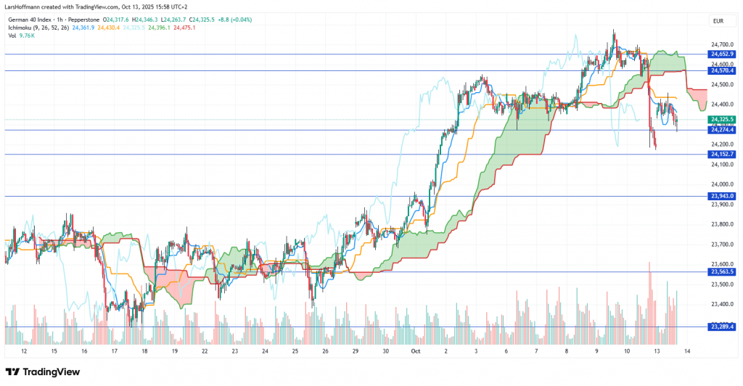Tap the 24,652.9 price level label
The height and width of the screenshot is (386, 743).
(723, 54)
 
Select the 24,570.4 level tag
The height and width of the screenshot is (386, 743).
(723, 70)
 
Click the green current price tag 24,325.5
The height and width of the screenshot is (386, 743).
(723, 119)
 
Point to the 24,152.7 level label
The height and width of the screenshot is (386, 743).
(723, 155)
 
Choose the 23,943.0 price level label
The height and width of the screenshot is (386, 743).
(723, 196)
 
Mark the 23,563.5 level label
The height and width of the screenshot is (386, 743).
(723, 271)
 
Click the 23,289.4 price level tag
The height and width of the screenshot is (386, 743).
(723, 327)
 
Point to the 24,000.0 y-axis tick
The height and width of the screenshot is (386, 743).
(721, 184)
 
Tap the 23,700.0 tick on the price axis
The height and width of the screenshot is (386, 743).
(721, 245)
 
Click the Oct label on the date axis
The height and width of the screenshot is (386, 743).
(416, 350)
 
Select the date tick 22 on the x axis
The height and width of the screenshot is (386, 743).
(205, 350)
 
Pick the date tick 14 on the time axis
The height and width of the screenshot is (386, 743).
(687, 350)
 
